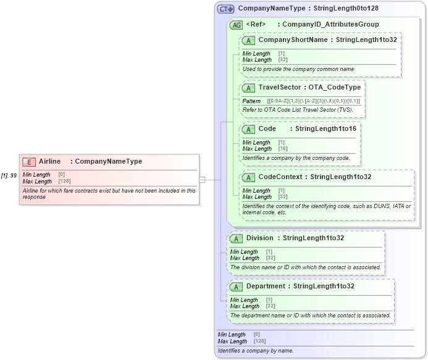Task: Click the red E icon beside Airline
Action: tap(28, 162)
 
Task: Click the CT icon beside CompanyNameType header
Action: tap(225, 9)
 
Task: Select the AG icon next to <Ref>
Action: tap(236, 25)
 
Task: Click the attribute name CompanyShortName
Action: tap(293, 40)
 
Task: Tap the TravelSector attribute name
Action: tap(280, 88)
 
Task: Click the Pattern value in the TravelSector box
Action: tap(313, 101)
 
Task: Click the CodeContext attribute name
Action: tap(280, 177)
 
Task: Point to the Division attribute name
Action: tap(259, 238)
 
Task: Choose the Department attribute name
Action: tap(266, 287)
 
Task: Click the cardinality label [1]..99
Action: tap(9, 176)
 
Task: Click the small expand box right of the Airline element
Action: tap(202, 180)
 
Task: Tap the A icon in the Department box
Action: tap(236, 287)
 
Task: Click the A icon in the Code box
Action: tap(248, 130)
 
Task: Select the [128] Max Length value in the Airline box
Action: tap(64, 182)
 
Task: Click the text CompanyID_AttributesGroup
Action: tap(330, 25)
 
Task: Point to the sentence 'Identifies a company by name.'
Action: tap(255, 351)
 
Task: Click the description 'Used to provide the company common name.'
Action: tap(298, 69)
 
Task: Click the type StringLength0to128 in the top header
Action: tap(346, 9)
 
